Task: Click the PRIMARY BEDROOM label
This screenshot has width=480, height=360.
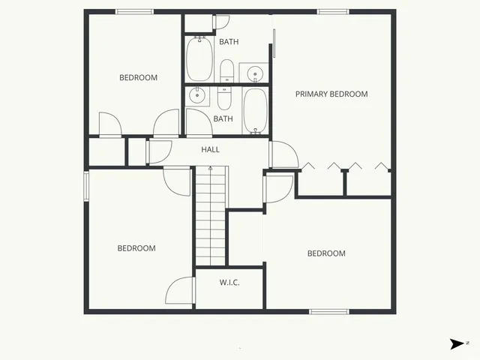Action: click(331, 94)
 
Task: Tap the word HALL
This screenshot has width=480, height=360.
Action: click(210, 150)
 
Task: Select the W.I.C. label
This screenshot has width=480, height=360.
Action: click(229, 282)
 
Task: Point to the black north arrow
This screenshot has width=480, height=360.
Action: click(456, 343)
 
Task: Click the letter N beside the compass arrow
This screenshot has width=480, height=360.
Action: click(467, 343)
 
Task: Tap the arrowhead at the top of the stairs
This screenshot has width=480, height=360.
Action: click(210, 169)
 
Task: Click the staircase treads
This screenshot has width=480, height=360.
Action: click(210, 217)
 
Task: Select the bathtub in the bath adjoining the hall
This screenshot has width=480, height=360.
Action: click(255, 111)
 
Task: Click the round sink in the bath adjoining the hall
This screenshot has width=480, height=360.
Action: click(198, 95)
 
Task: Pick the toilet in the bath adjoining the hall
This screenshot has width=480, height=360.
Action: click(224, 98)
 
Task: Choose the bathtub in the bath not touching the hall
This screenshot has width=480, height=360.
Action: click(199, 60)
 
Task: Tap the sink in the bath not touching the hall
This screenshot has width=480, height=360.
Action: click(256, 73)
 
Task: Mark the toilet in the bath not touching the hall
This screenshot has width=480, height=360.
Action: click(226, 72)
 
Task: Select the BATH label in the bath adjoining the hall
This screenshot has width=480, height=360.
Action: click(223, 118)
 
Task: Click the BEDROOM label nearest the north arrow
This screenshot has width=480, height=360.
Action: click(326, 253)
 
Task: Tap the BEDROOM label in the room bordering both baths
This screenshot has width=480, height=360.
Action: click(139, 77)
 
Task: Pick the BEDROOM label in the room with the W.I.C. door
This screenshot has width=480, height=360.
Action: click(136, 248)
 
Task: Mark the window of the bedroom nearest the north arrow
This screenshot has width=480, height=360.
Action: click(328, 310)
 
